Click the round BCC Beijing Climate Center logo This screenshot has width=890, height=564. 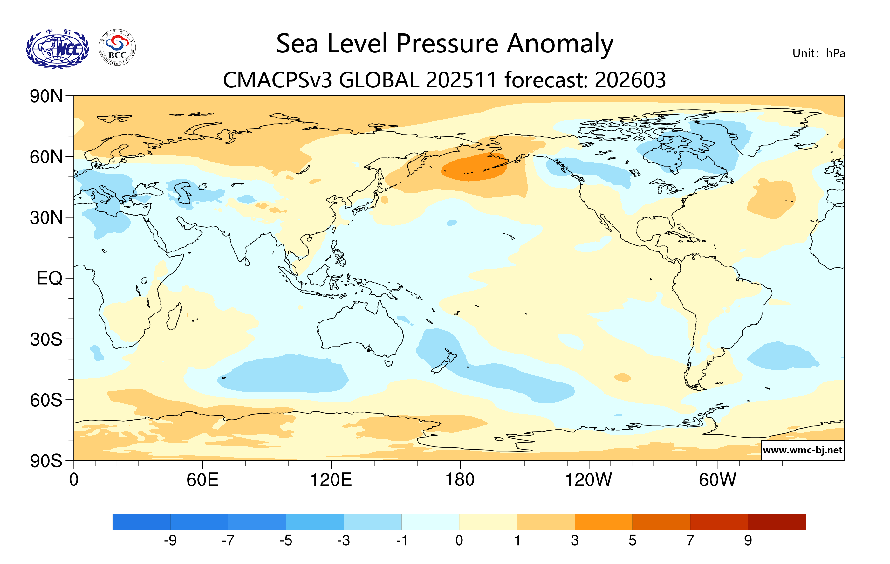[117, 48]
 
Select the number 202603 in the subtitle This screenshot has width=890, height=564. [630, 80]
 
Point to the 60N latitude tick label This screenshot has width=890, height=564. [46, 157]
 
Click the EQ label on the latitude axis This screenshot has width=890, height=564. [49, 278]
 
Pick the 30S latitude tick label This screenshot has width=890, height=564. [46, 339]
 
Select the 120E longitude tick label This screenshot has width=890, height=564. [331, 480]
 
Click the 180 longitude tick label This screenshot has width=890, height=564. [460, 480]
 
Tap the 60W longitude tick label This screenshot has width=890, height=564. [717, 480]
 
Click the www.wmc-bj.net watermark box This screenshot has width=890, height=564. [802, 450]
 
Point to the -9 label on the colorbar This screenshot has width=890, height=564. [170, 541]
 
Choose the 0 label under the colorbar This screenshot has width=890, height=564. [459, 541]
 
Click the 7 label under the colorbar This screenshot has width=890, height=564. [690, 541]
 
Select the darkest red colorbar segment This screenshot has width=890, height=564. [777, 522]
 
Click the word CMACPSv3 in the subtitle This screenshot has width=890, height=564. [277, 80]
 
